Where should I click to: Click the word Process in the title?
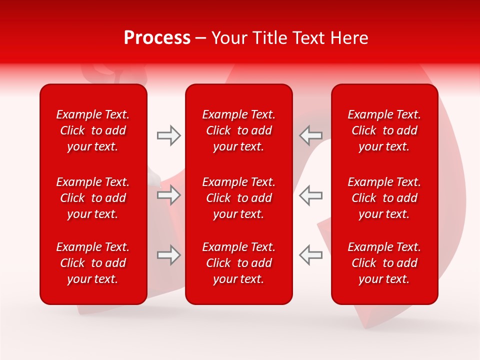[157, 38]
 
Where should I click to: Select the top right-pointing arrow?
[168, 135]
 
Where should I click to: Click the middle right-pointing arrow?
[168, 195]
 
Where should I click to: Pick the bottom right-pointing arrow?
[168, 255]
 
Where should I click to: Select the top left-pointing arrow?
[311, 135]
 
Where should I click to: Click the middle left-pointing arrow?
[311, 195]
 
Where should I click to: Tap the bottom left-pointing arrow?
[311, 255]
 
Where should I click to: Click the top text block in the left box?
[93, 130]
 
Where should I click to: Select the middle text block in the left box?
[93, 198]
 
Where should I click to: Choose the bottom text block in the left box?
[93, 263]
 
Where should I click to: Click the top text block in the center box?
[239, 130]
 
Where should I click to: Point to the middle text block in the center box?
[239, 198]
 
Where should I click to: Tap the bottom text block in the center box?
[239, 263]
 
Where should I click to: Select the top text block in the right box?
[384, 130]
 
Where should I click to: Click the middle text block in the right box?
[384, 198]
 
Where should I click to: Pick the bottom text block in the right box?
[384, 263]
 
